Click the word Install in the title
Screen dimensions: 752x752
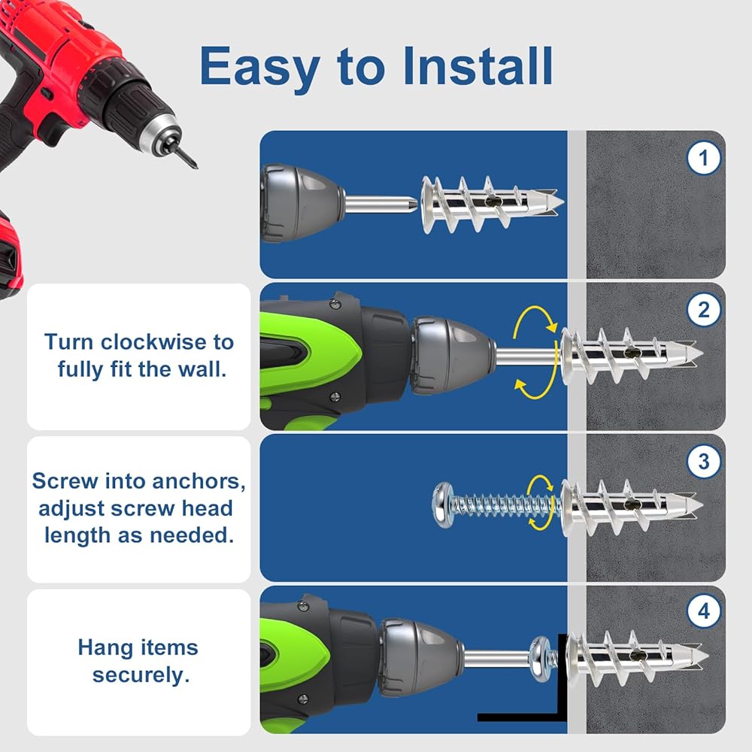tap(478, 66)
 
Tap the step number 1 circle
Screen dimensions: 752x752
tap(704, 158)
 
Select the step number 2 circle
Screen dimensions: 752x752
tap(704, 310)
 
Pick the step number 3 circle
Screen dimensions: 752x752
tap(704, 462)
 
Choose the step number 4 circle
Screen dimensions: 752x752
tap(704, 611)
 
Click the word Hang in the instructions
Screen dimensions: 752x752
tap(99, 648)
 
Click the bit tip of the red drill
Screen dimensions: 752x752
tap(195, 165)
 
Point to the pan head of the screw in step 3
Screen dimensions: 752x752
tap(442, 505)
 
